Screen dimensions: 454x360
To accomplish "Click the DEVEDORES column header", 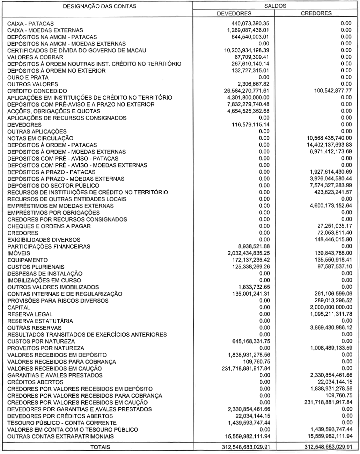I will point(234,13).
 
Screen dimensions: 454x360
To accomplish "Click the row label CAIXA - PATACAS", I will point(31,23).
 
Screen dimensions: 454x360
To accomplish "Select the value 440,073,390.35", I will point(248,23).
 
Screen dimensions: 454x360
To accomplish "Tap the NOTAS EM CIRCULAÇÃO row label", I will point(40,138).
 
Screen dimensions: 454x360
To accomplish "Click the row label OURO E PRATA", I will point(28,77).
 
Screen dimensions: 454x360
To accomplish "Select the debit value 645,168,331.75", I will point(248,341).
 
